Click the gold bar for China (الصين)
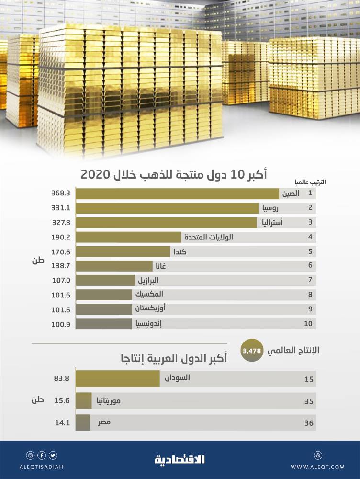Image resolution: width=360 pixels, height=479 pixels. [177, 194]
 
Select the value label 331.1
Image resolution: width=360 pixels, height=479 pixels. [61, 208]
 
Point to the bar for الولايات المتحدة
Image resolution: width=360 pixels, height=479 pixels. [128, 237]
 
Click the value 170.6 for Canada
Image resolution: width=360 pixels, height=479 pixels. [61, 251]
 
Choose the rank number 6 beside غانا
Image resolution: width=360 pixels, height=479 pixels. [310, 266]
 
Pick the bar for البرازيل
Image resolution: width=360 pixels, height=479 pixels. [105, 280]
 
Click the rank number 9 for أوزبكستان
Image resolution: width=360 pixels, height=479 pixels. [310, 309]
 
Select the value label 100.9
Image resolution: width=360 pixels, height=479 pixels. [61, 324]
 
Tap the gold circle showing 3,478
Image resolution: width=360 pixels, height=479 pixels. [252, 351]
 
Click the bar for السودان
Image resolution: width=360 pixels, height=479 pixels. [118, 378]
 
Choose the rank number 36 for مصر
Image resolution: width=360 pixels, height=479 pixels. [309, 423]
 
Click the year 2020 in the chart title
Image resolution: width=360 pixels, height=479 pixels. [95, 174]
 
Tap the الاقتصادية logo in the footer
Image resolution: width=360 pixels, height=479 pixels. [180, 459]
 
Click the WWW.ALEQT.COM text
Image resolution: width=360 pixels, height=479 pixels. [317, 467]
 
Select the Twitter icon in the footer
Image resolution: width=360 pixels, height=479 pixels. [52, 455]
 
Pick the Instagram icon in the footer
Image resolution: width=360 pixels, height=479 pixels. [30, 455]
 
